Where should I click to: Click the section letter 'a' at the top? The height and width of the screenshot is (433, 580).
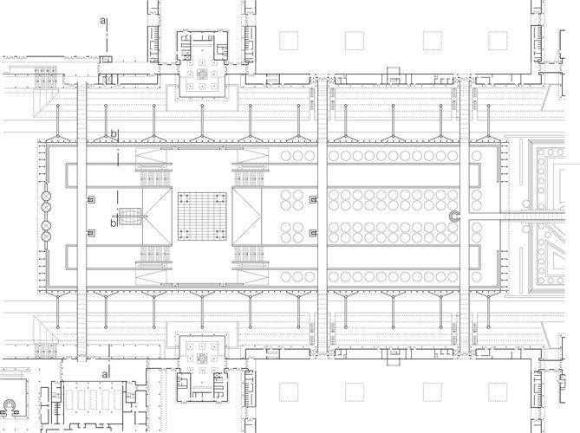pyautogui.click(x=102, y=21)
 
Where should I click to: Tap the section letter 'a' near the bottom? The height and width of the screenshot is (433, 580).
pyautogui.click(x=105, y=375)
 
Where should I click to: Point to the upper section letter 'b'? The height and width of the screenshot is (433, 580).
pyautogui.click(x=114, y=133)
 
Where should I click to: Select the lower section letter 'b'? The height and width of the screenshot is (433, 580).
pyautogui.click(x=114, y=222)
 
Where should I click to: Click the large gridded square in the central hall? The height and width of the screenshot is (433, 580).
pyautogui.click(x=202, y=216)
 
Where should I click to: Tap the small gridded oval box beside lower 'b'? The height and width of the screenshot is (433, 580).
pyautogui.click(x=130, y=216)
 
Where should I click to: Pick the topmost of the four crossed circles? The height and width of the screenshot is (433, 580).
pyautogui.click(x=47, y=197)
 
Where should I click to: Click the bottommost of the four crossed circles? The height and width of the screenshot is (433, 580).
pyautogui.click(x=47, y=236)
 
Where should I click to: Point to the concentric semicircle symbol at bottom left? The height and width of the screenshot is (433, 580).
pyautogui.click(x=9, y=405)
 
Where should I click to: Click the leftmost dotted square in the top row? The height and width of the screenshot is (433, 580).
pyautogui.click(x=289, y=41)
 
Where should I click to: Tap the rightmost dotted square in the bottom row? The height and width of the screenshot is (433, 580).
pyautogui.click(x=498, y=392)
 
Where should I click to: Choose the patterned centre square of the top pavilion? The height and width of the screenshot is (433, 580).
pyautogui.click(x=202, y=74)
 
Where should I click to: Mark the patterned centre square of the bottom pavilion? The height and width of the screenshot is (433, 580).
pyautogui.click(x=202, y=359)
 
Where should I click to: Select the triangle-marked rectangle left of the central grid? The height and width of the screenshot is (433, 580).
pyautogui.click(x=157, y=216)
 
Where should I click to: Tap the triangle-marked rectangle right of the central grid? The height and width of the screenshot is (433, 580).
pyautogui.click(x=247, y=216)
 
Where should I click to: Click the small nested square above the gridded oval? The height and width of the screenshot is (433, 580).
pyautogui.click(x=91, y=200)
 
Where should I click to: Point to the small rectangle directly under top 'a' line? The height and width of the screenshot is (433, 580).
pyautogui.click(x=107, y=59)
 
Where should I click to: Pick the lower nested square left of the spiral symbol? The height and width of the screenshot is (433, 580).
pyautogui.click(x=313, y=233)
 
